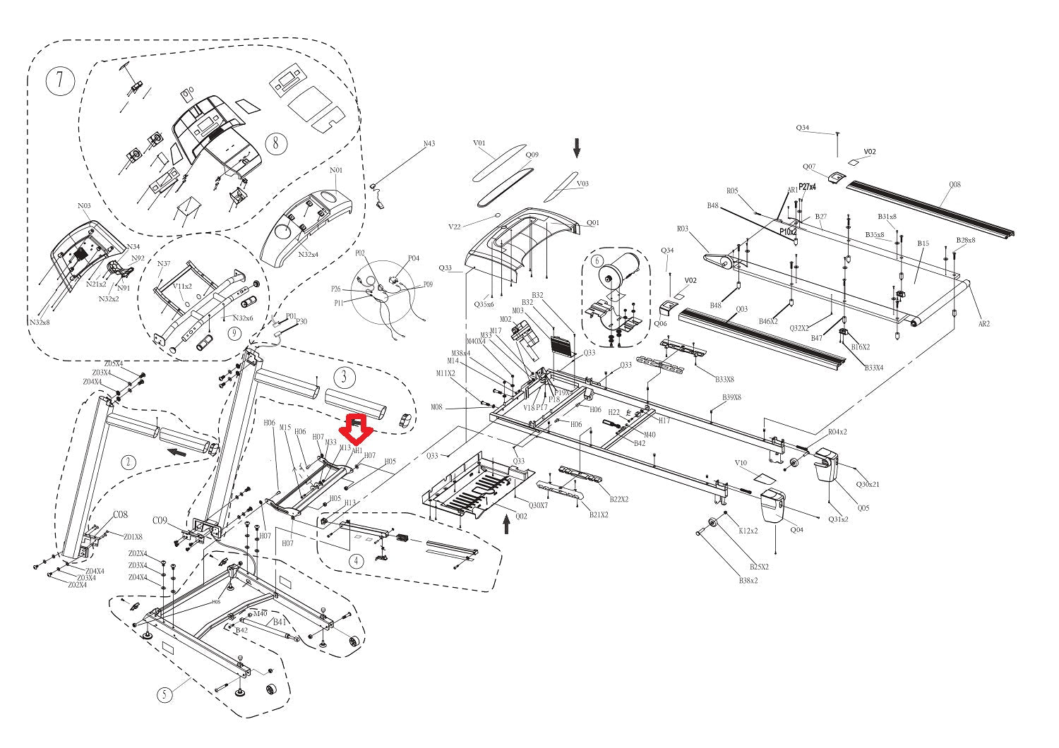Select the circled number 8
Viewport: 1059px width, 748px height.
[277, 143]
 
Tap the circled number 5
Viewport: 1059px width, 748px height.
[164, 694]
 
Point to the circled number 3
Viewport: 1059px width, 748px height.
[344, 376]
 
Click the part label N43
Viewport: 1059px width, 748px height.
[429, 144]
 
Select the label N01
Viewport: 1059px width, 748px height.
[336, 170]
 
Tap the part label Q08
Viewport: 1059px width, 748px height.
[955, 185]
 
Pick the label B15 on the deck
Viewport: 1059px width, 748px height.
[923, 243]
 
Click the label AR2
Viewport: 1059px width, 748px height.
[983, 324]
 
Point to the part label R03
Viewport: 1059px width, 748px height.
[682, 229]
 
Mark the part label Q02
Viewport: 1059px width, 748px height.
[521, 516]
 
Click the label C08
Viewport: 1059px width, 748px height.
[120, 514]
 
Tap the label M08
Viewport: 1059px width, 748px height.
[437, 407]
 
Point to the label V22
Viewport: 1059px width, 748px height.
[455, 227]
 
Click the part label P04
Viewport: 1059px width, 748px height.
[414, 258]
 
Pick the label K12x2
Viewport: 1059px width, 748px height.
[748, 531]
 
